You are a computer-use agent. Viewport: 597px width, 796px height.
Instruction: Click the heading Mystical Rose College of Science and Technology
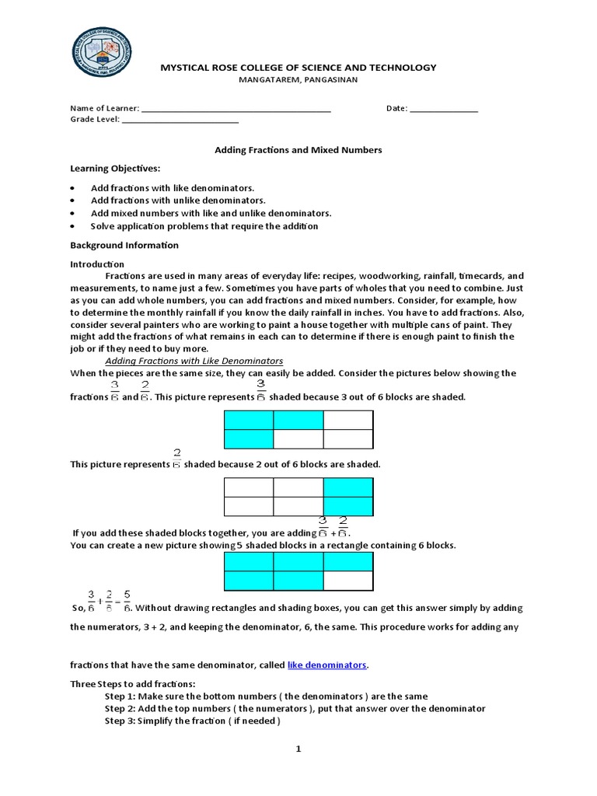(298, 68)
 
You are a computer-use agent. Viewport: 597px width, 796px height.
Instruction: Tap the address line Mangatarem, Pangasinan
(298, 80)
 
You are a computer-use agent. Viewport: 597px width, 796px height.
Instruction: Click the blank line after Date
(444, 110)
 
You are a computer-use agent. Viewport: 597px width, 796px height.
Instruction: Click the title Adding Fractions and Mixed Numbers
(298, 150)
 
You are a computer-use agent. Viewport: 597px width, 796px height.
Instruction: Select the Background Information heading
(124, 246)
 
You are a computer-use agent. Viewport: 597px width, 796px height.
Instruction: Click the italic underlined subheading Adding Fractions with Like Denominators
(194, 361)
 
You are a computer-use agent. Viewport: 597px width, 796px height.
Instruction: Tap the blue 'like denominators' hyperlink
(326, 665)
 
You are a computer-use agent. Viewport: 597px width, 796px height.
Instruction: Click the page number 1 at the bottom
(297, 749)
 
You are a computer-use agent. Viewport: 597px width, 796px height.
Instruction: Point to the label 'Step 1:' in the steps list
(120, 696)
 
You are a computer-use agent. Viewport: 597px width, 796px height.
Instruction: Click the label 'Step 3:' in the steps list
(120, 721)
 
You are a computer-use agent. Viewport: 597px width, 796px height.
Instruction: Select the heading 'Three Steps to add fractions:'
(133, 684)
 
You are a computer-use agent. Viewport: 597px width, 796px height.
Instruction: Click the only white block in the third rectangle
(348, 581)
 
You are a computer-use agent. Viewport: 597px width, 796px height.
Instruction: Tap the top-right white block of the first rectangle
(348, 420)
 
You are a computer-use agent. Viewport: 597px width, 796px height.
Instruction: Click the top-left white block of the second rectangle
(249, 487)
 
